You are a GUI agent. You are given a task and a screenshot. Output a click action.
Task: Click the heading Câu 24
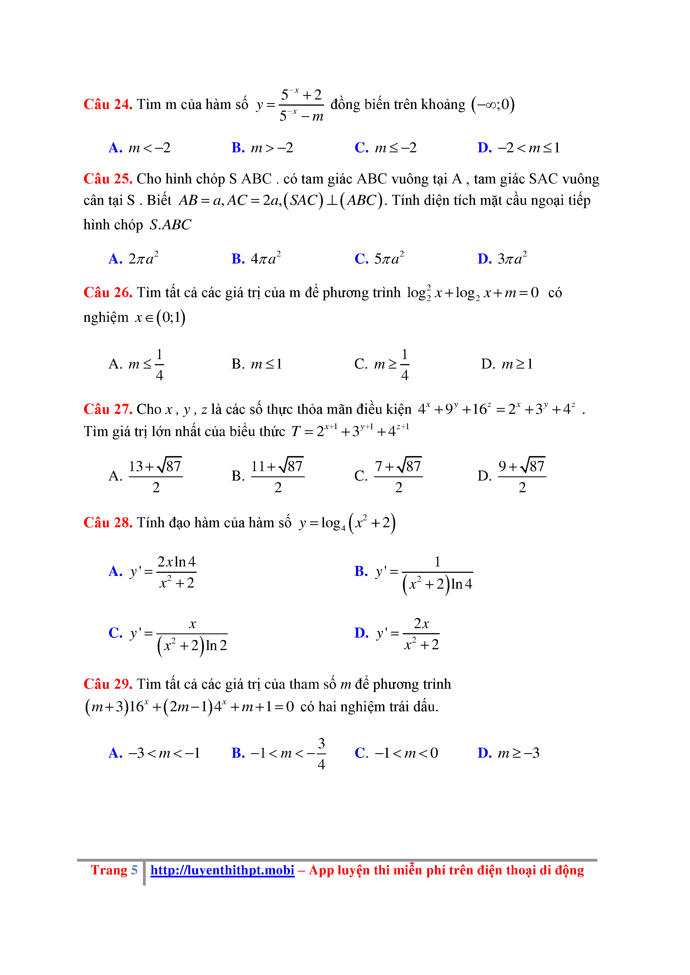108,105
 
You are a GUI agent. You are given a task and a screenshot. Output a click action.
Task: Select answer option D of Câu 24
519,148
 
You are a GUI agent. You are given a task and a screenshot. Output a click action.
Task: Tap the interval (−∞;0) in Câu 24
493,105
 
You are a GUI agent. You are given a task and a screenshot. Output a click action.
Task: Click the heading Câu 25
108,179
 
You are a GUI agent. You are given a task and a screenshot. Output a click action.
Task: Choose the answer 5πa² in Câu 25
379,258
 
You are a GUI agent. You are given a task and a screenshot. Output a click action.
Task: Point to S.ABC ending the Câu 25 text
170,225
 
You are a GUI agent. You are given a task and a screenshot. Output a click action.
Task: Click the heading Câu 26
108,293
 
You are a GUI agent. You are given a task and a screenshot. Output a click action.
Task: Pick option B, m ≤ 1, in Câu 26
257,364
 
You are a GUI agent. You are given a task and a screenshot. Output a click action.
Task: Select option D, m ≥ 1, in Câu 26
507,364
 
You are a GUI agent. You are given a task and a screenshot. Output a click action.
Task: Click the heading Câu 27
108,409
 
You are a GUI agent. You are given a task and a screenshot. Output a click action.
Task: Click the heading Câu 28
108,523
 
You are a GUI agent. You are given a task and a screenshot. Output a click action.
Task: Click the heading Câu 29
108,684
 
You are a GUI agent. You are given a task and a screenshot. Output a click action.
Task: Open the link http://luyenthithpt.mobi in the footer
222,870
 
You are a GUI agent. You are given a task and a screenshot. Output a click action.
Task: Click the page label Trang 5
114,870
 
